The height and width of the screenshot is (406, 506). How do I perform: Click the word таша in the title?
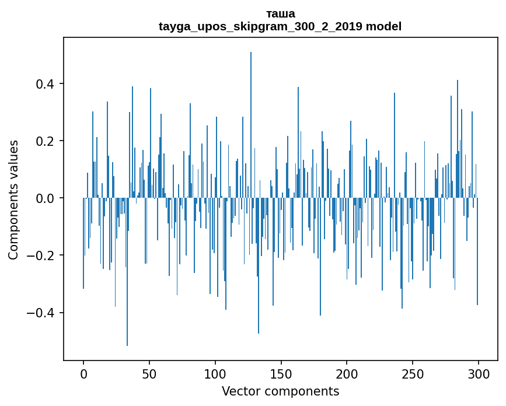pos(280,14)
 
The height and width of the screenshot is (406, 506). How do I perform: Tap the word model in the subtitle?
pos(383,27)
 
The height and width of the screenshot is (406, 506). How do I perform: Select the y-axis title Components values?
pos(13,199)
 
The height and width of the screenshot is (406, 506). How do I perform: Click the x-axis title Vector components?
pos(280,391)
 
